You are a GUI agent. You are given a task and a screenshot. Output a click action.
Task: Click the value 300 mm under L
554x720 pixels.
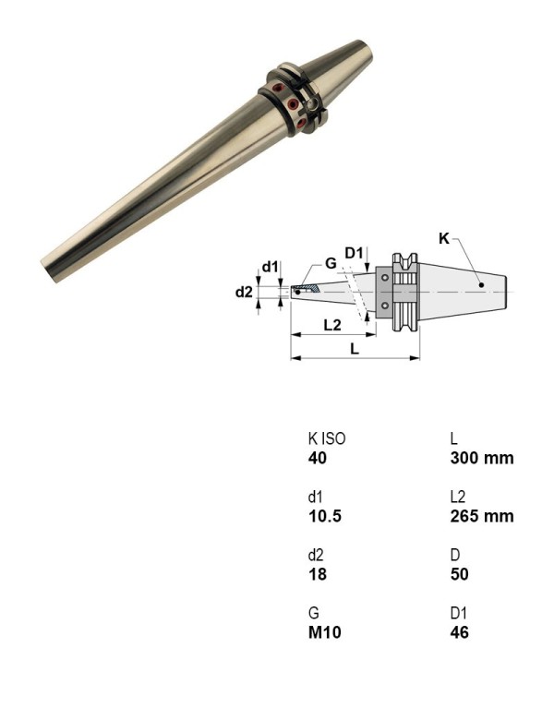481,458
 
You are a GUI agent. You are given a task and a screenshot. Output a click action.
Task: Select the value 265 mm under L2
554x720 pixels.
481,516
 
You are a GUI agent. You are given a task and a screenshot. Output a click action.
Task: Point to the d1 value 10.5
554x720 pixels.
324,516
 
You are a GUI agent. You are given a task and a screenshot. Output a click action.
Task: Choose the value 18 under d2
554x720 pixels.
317,574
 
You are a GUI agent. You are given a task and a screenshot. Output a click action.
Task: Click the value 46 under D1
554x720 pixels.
459,632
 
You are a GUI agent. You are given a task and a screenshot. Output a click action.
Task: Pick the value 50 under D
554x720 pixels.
459,574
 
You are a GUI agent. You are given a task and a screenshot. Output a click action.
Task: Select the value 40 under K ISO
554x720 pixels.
317,458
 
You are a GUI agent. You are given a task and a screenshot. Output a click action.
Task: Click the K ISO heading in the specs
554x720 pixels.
326,439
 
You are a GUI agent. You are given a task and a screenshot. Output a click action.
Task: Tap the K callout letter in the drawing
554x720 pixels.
443,238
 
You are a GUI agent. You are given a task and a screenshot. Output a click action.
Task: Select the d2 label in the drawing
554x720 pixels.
243,292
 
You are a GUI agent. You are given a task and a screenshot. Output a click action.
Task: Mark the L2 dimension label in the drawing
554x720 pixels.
332,325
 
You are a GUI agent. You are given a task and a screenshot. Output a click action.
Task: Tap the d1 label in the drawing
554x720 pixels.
270,267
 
